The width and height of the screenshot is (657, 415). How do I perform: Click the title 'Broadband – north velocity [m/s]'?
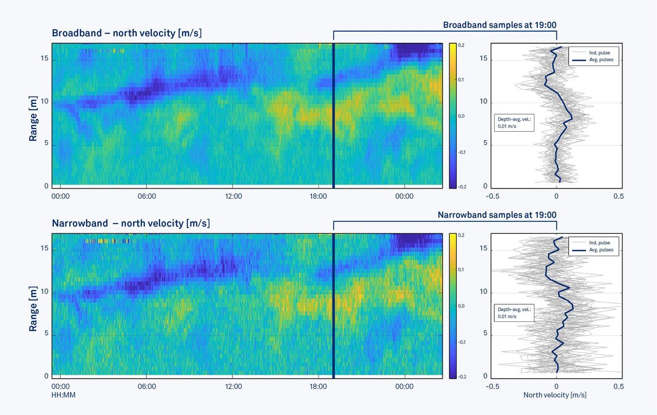(x=127, y=33)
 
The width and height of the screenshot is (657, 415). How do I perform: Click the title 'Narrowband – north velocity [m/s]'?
(x=130, y=223)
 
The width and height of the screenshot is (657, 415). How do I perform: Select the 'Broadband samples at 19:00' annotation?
(x=499, y=25)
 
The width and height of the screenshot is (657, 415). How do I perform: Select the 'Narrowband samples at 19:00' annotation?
(x=496, y=215)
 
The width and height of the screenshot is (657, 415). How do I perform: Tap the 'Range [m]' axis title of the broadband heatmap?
(x=33, y=118)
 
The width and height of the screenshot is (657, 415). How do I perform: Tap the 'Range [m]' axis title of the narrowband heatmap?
(x=33, y=308)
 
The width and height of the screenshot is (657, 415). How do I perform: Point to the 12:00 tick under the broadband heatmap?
(x=233, y=196)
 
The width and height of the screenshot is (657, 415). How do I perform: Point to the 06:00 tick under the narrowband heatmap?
(x=146, y=387)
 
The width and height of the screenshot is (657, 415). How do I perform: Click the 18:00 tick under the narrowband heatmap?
(x=318, y=387)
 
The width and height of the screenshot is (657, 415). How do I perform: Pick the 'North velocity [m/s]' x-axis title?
(x=555, y=395)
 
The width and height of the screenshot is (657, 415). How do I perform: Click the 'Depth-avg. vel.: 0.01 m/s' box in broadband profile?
(x=513, y=123)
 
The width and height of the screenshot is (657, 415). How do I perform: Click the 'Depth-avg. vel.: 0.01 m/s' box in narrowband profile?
(x=513, y=313)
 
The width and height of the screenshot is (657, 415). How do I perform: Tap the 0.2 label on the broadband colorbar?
(x=461, y=45)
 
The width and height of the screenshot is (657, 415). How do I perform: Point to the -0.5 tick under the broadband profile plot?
(x=493, y=196)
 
